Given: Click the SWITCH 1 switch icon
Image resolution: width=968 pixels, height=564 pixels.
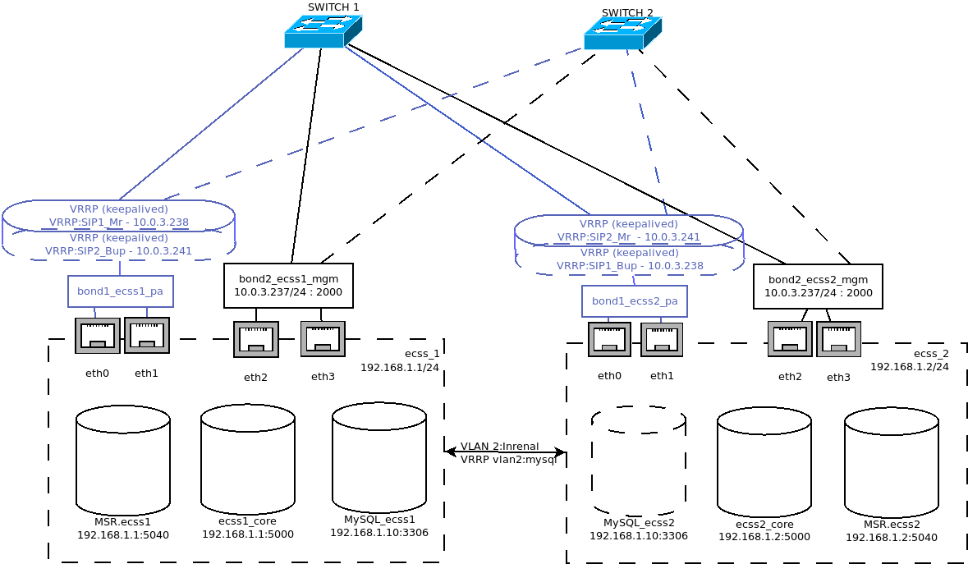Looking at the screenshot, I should click(x=323, y=32).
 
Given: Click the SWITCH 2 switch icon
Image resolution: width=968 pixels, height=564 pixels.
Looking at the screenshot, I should click(x=622, y=34).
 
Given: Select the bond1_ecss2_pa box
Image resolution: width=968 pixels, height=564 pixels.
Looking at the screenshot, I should click(x=634, y=301).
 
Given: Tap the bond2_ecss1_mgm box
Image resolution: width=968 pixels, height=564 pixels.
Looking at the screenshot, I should click(x=288, y=286).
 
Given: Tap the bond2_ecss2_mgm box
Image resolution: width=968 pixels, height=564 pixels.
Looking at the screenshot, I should click(x=818, y=287).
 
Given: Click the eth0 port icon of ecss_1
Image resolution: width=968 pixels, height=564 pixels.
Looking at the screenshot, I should click(x=97, y=336).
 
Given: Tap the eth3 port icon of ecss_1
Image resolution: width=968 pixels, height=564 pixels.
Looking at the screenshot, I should click(x=323, y=339).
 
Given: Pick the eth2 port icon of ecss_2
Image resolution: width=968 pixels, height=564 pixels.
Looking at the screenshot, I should click(x=790, y=339).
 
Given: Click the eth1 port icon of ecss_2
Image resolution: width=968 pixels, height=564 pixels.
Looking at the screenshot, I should click(x=662, y=340).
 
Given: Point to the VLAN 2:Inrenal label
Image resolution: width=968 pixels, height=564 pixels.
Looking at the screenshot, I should click(x=499, y=447).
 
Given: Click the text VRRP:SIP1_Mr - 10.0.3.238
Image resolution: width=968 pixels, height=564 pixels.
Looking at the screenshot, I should click(x=119, y=222).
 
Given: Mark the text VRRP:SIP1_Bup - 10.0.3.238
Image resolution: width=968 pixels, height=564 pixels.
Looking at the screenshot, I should click(x=630, y=266).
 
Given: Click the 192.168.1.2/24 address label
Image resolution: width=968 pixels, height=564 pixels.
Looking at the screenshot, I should click(x=909, y=367).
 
